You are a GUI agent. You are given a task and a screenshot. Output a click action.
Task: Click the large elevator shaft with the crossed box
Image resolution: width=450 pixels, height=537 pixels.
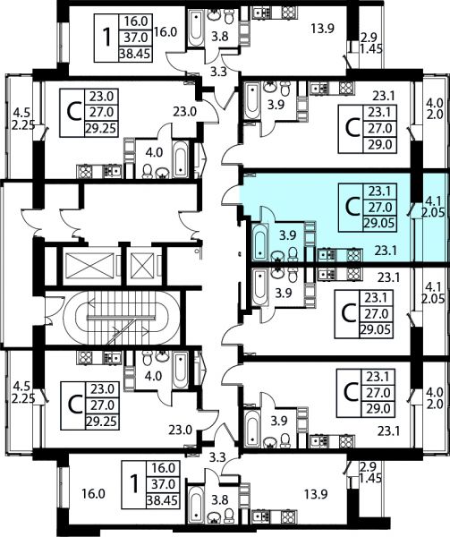coord(89,266)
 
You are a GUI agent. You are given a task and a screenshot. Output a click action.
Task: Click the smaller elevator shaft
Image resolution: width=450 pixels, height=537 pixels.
coord(143,266)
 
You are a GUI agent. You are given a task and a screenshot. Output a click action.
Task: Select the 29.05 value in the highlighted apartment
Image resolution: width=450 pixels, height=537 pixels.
coord(379,224)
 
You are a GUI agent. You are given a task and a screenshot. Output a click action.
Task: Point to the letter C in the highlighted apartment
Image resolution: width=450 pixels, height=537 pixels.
coord(352,208)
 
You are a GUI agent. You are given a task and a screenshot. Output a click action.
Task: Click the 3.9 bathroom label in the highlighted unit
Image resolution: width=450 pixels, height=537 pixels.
coord(288,234)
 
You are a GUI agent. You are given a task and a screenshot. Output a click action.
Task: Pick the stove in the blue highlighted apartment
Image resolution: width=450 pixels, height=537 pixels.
coord(354,255)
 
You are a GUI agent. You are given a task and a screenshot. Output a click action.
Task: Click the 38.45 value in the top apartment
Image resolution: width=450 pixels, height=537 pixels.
coord(135,54)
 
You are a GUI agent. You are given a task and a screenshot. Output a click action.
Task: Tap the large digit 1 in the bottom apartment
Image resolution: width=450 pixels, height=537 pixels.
coord(135,484)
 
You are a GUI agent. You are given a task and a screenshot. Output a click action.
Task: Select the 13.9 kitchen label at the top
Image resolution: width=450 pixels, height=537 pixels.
coord(322,29)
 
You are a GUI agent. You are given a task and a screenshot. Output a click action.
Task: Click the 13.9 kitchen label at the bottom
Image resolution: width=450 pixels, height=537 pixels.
coord(316,494)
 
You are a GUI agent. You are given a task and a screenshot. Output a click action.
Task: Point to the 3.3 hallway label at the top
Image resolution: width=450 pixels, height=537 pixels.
coord(218,72)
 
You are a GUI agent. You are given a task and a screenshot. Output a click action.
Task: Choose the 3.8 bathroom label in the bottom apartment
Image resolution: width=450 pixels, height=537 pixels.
coord(220,500)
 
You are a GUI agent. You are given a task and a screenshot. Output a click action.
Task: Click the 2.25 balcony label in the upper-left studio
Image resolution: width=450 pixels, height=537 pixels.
coord(23,125)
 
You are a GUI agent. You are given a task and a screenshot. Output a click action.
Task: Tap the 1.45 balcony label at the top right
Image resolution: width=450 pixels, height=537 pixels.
coord(370,48)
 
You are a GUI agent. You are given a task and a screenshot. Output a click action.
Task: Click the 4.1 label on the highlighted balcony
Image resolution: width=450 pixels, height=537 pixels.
coord(432,199)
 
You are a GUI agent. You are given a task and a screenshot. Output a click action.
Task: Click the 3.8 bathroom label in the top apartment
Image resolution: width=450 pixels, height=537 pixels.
coord(220,36)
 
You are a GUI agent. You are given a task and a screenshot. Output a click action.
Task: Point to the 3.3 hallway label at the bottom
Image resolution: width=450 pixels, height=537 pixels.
coord(217,456)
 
